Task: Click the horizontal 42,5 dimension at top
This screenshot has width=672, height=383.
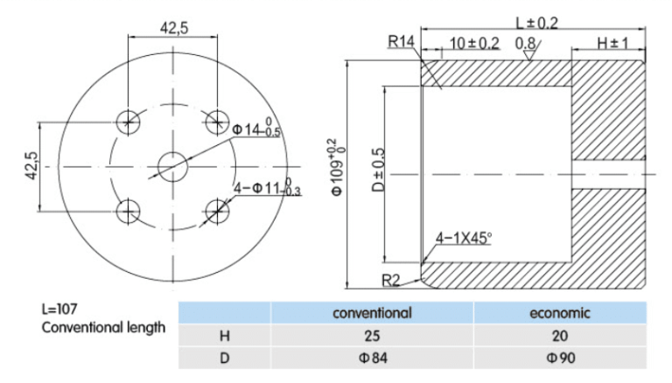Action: pyautogui.click(x=173, y=28)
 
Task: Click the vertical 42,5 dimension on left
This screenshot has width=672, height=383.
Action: pyautogui.click(x=31, y=166)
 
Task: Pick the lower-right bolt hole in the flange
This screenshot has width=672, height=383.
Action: pyautogui.click(x=215, y=209)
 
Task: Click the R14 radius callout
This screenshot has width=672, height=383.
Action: pyautogui.click(x=400, y=41)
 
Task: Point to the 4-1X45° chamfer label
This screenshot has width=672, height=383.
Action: pyautogui.click(x=464, y=237)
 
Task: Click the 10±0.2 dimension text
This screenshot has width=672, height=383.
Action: pyautogui.click(x=474, y=42)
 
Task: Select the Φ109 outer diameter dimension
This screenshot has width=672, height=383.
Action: pyautogui.click(x=337, y=166)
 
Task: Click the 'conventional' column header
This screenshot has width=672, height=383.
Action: pyautogui.click(x=372, y=312)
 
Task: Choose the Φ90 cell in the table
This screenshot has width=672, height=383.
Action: pyautogui.click(x=560, y=357)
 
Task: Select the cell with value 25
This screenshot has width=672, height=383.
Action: pyautogui.click(x=372, y=335)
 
